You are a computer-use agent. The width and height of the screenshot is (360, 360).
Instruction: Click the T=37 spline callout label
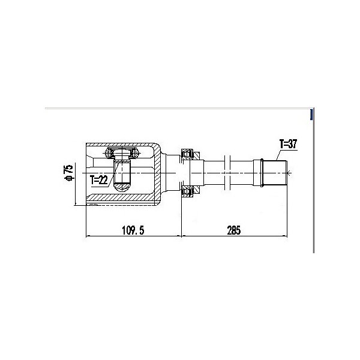click(x=288, y=144)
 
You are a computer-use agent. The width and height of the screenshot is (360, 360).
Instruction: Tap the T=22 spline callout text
click(x=99, y=180)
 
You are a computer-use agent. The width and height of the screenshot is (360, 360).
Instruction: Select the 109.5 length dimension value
click(x=133, y=230)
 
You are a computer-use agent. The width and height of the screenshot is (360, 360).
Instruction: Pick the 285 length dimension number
click(x=234, y=230)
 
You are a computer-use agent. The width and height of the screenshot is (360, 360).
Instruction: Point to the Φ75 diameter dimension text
click(x=69, y=173)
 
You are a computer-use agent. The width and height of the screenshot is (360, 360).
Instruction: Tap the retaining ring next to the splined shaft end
click(x=262, y=173)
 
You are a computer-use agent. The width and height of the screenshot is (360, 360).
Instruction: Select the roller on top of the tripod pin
click(x=122, y=152)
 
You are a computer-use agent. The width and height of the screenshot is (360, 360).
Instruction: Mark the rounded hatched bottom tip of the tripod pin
click(x=122, y=187)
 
